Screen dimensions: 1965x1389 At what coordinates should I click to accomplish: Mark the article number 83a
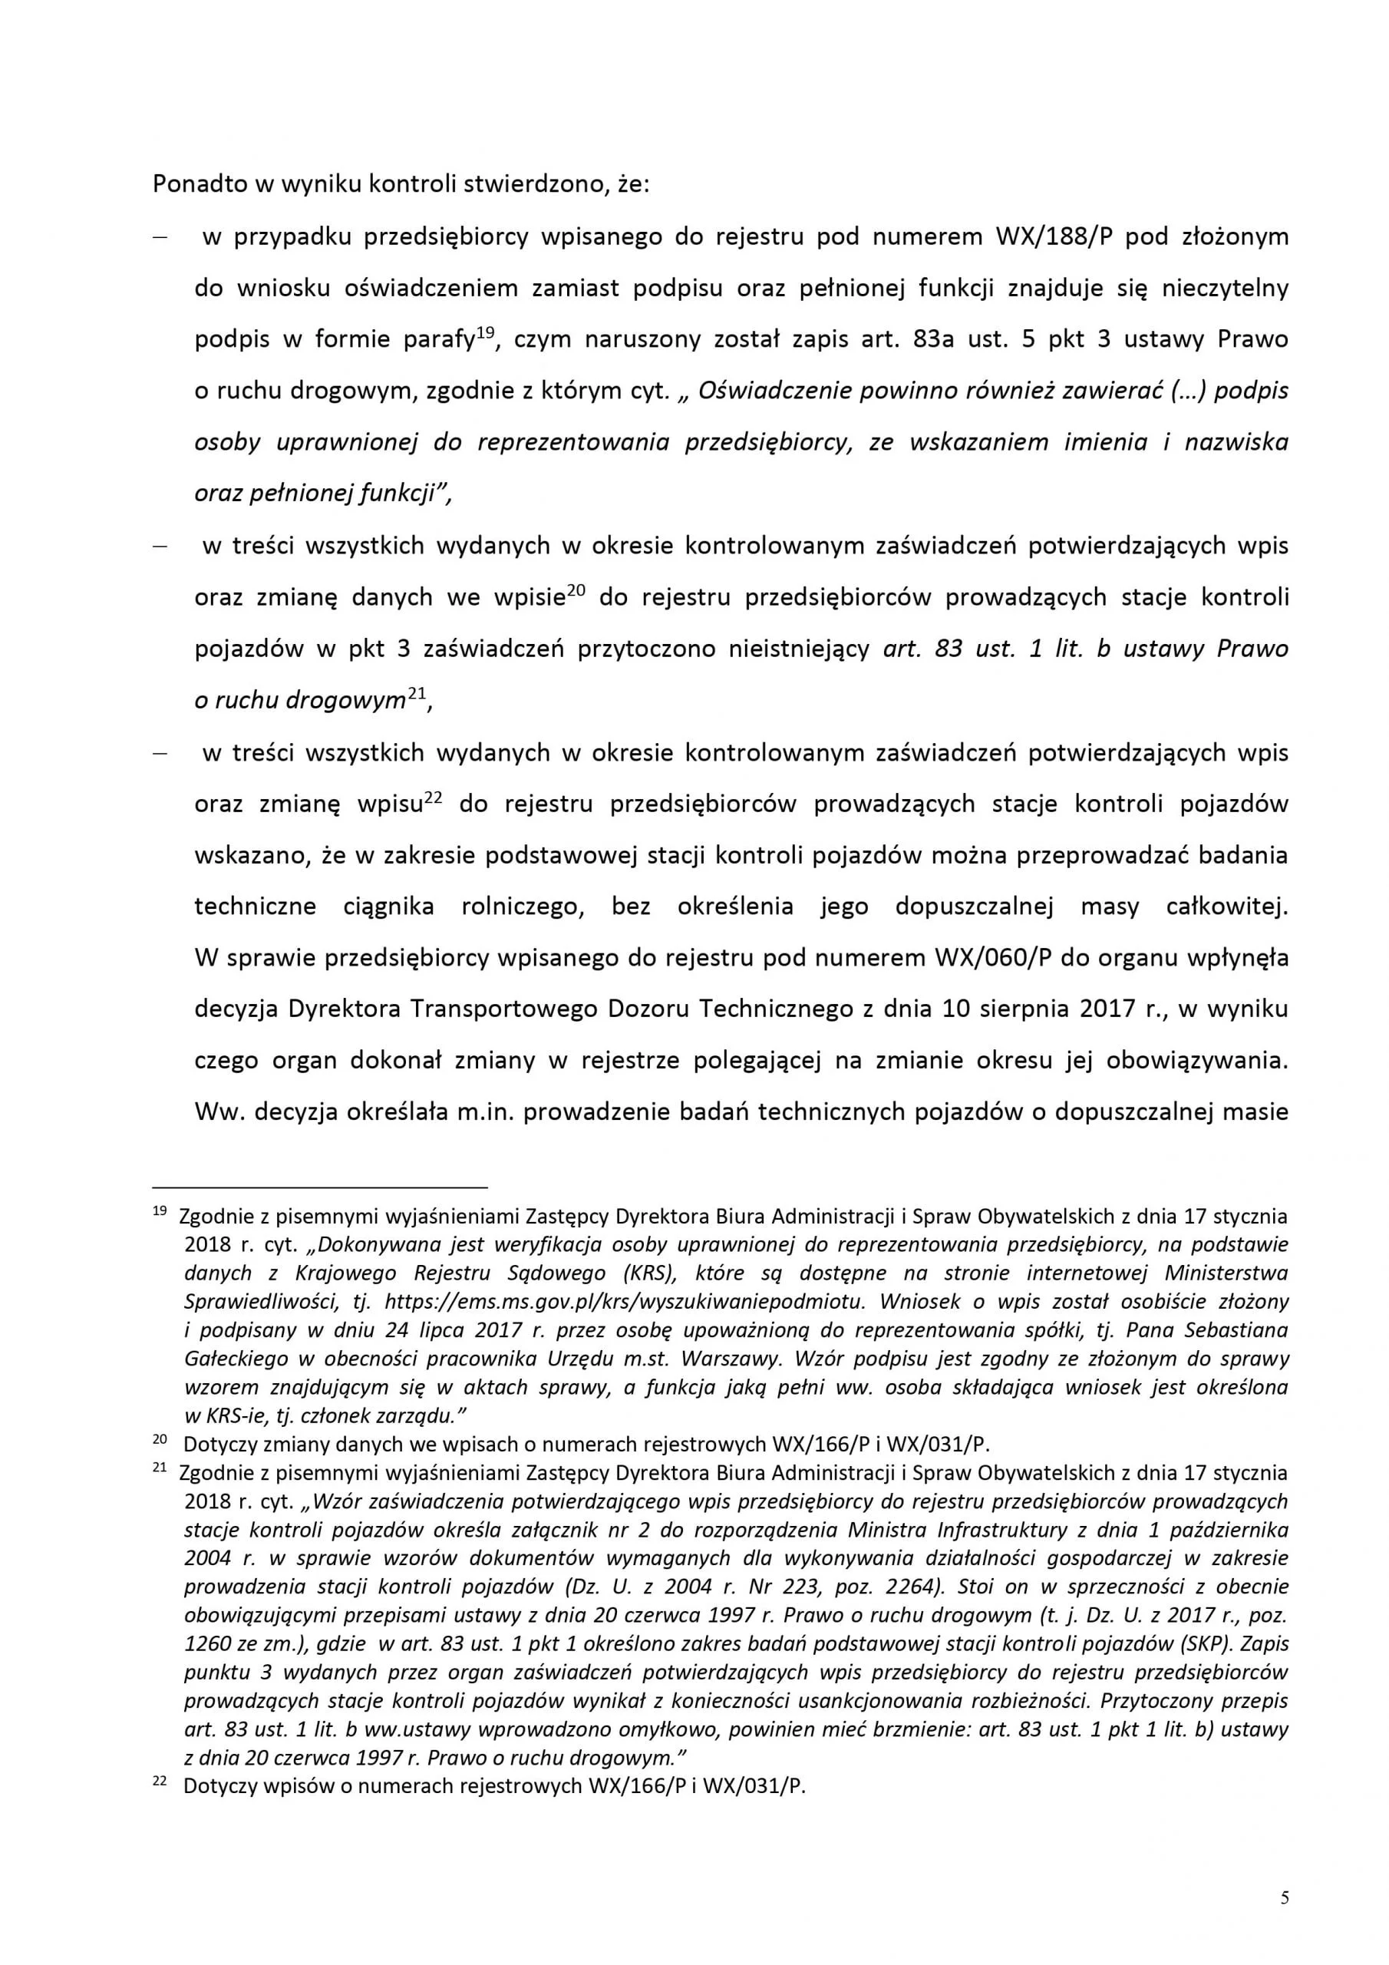click(x=936, y=340)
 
